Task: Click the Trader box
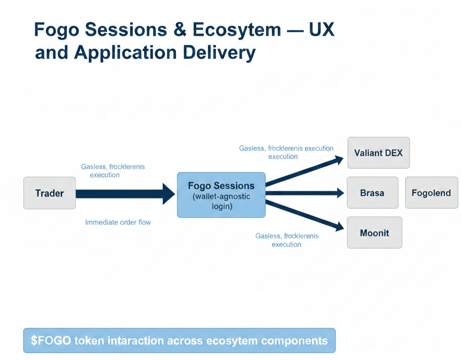tap(50, 193)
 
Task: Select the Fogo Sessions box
tap(221, 195)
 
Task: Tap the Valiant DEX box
tap(378, 153)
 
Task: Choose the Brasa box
tap(372, 193)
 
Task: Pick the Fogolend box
tap(431, 193)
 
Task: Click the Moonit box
tap(374, 233)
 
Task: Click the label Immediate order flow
tap(118, 222)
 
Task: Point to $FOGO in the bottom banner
tap(51, 340)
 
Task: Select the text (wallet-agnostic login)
tap(221, 202)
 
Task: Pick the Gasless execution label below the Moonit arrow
tap(287, 240)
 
